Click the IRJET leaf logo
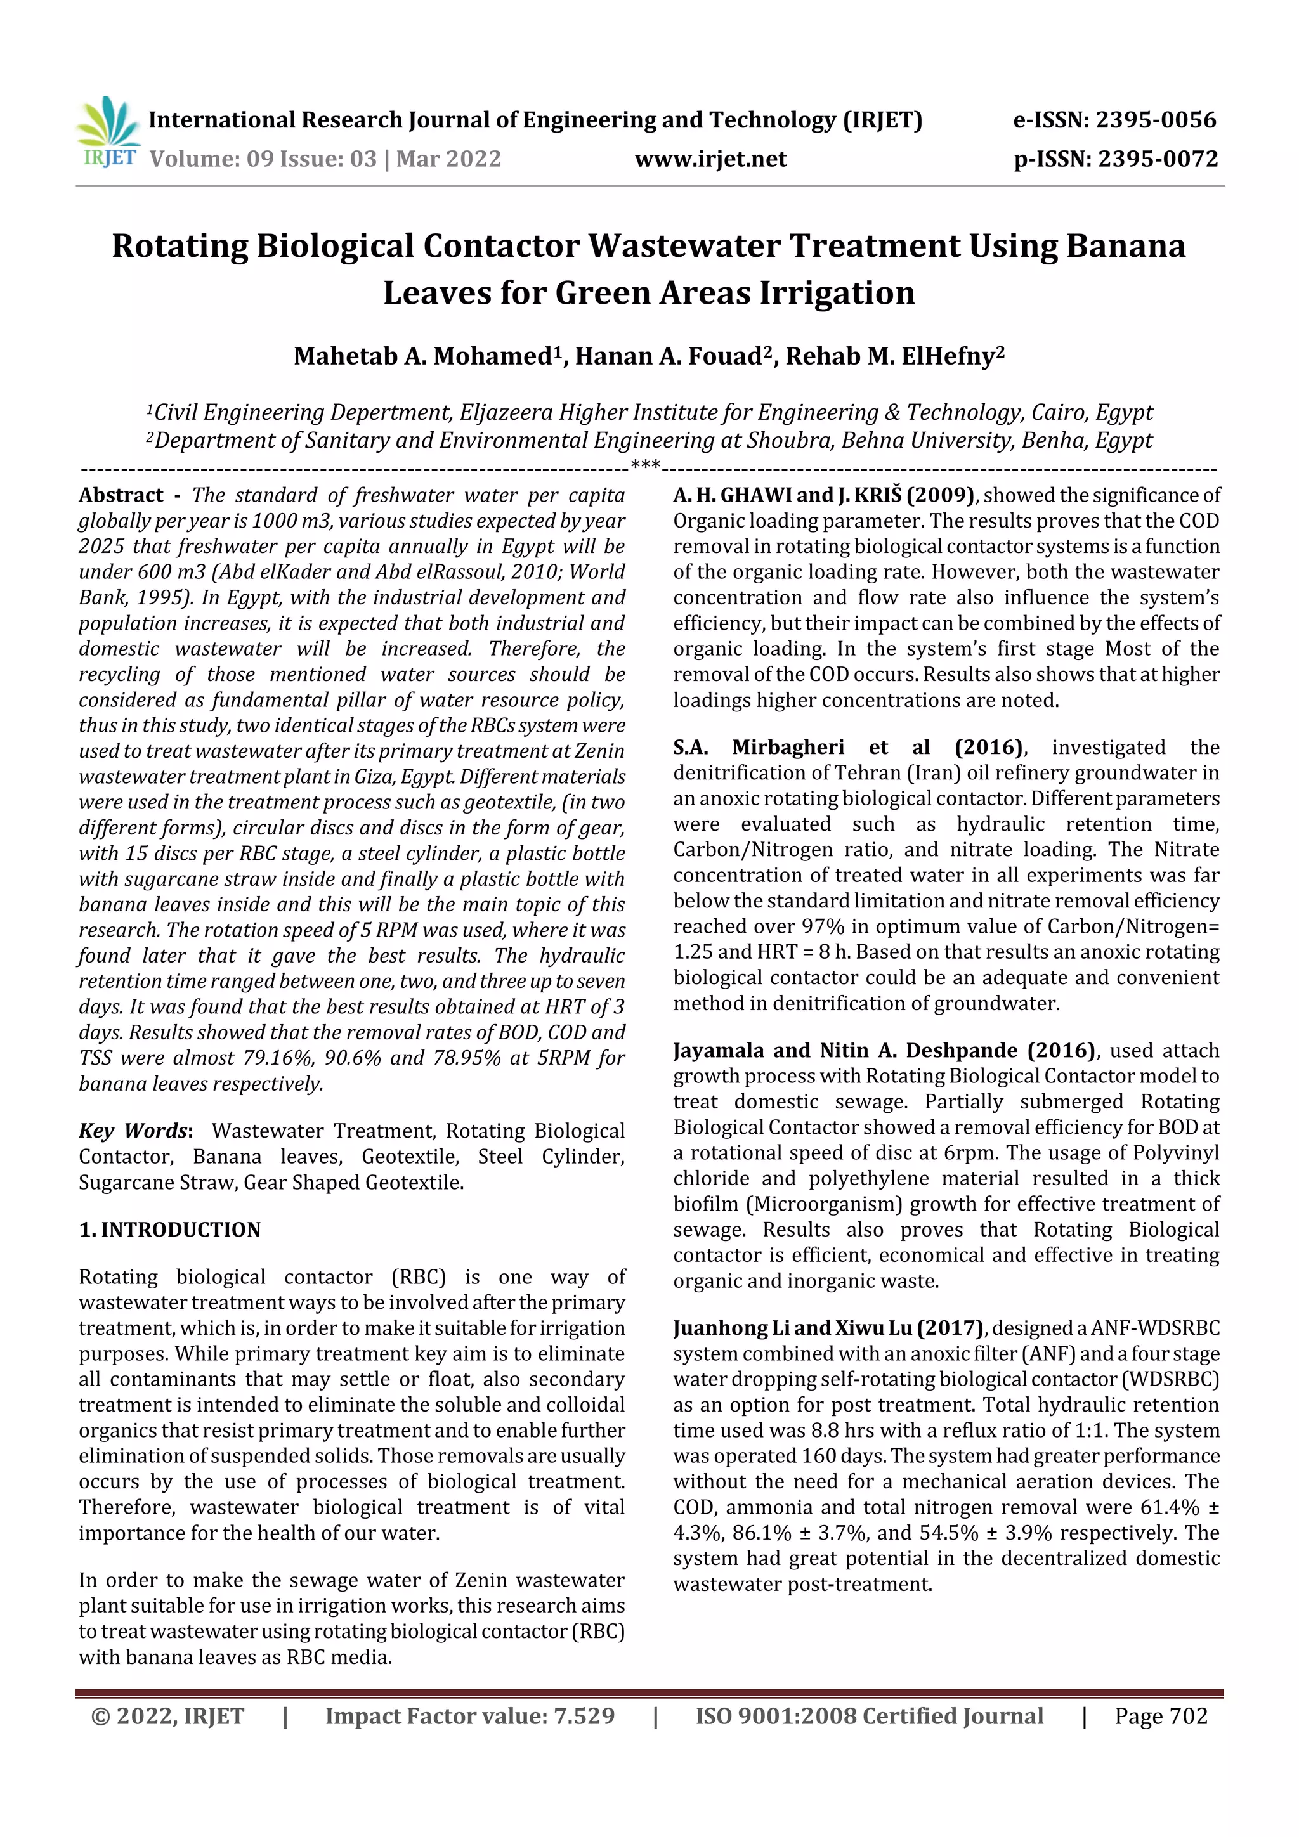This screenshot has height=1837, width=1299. click(109, 132)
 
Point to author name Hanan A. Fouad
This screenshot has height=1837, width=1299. click(667, 356)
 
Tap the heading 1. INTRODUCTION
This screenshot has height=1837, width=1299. click(170, 1229)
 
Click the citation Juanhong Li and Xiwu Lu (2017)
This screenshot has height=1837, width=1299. click(828, 1328)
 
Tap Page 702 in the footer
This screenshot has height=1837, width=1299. click(1161, 1716)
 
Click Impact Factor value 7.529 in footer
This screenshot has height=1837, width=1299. click(470, 1716)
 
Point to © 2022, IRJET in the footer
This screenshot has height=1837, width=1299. click(167, 1716)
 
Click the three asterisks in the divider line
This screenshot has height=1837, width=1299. click(645, 465)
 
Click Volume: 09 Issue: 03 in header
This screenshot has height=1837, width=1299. click(263, 159)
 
